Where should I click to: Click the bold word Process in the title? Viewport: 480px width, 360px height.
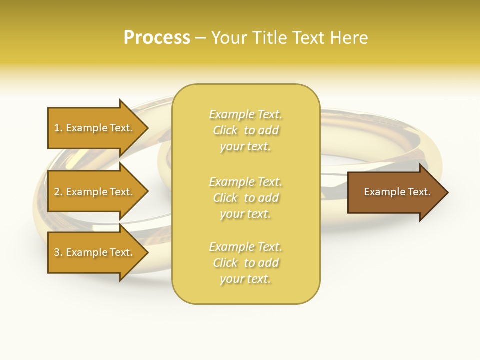(x=157, y=38)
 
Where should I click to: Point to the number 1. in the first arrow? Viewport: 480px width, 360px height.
(x=58, y=128)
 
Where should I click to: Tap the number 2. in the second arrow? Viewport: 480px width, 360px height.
(x=58, y=192)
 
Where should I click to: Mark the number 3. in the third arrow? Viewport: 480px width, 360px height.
(x=58, y=252)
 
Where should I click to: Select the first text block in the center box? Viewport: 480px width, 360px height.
(x=246, y=130)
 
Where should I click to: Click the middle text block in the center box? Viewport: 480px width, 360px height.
(x=246, y=198)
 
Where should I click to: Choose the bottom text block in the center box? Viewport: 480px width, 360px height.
(x=246, y=263)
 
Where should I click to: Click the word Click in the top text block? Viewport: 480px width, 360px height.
(x=225, y=130)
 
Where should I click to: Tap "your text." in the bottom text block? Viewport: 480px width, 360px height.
(x=245, y=279)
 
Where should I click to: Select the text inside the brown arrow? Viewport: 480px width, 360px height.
(x=397, y=192)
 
